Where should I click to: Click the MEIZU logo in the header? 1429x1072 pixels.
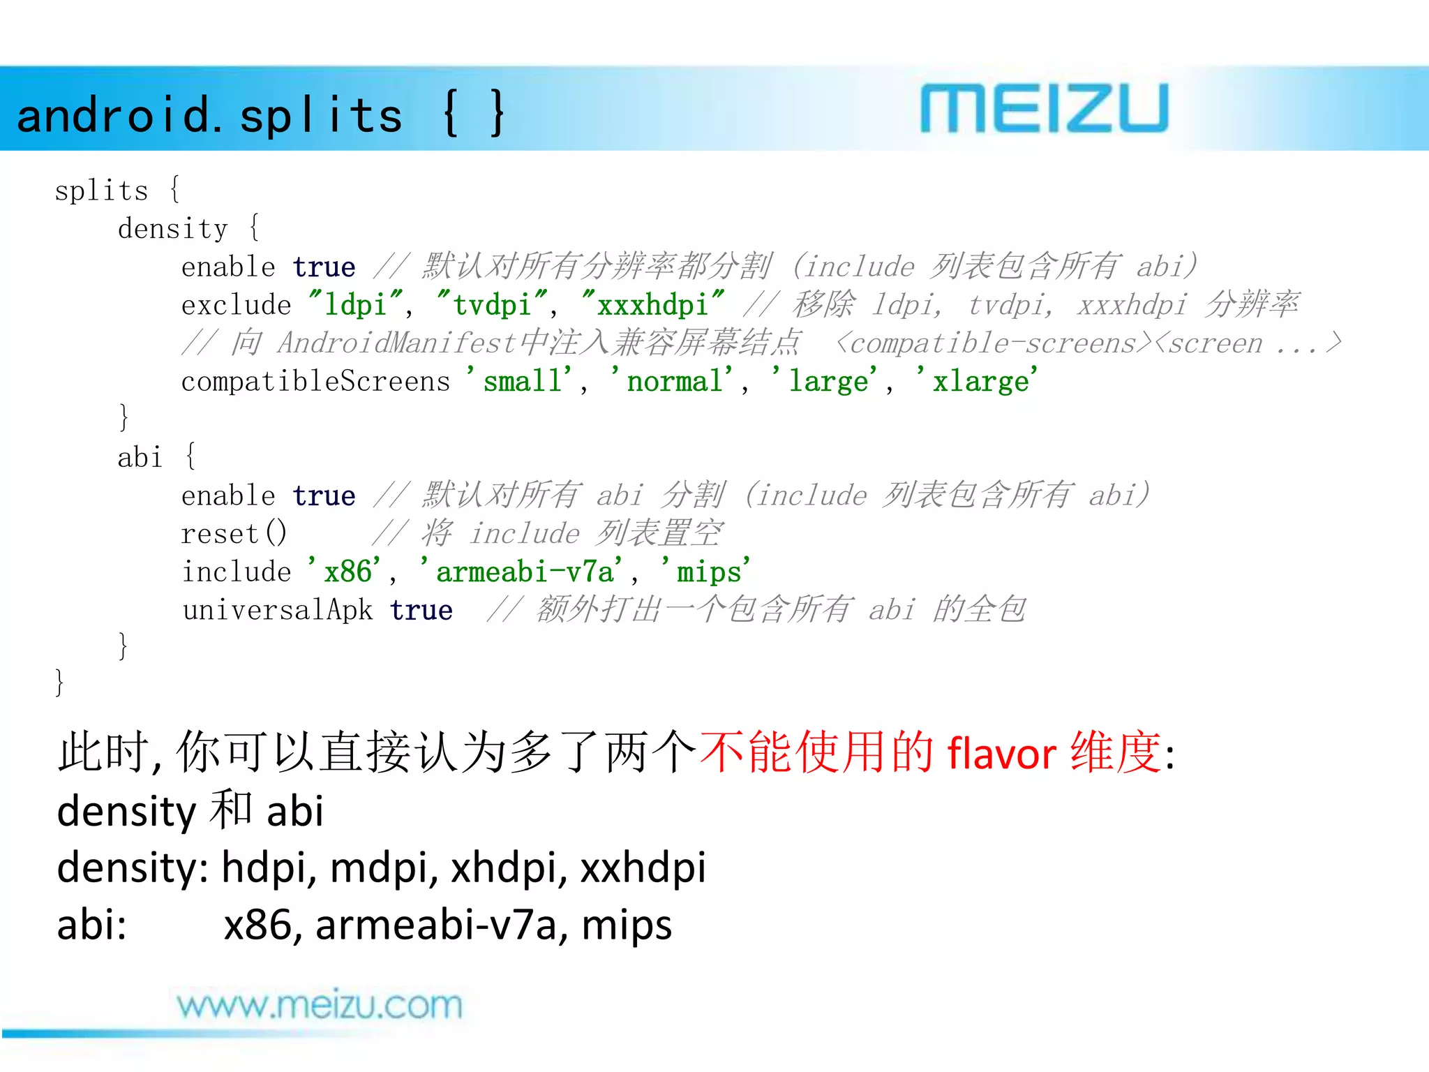click(x=1044, y=109)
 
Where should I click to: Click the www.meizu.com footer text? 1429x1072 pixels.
click(x=319, y=1006)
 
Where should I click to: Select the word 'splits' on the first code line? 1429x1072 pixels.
click(x=101, y=191)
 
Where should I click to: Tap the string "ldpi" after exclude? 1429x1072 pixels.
click(x=356, y=305)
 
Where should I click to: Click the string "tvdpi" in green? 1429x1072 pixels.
click(x=491, y=305)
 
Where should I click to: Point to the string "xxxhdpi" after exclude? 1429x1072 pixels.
click(x=652, y=305)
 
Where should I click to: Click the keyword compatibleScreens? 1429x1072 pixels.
click(x=315, y=382)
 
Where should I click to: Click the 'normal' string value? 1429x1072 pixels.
click(x=673, y=382)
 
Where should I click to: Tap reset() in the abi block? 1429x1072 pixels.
click(x=234, y=534)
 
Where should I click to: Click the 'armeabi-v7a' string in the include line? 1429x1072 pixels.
click(x=525, y=572)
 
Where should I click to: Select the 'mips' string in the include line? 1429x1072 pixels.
click(x=706, y=572)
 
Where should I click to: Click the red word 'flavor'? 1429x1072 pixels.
click(x=1001, y=754)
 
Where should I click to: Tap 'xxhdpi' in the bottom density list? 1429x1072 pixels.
click(x=643, y=868)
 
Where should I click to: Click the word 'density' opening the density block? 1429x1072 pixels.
click(x=172, y=229)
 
